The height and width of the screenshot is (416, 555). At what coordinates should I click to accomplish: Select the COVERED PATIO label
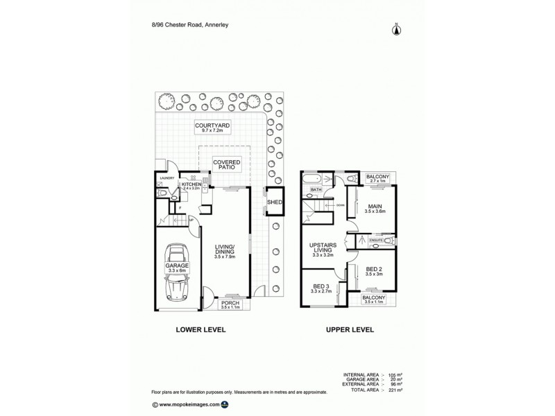(227, 164)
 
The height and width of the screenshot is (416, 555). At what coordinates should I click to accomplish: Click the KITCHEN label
(191, 184)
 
